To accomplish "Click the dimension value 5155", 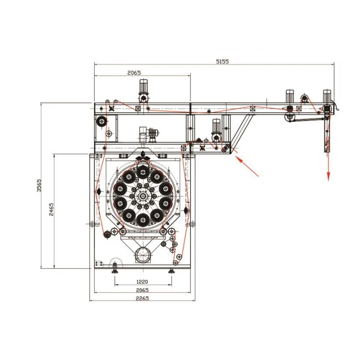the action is [222, 61].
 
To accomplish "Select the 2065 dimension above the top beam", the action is [134, 73].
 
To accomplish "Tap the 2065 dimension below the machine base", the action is [143, 290].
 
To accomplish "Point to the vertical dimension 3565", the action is [39, 185].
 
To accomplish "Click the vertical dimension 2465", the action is [51, 209].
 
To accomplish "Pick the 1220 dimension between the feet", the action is [142, 282].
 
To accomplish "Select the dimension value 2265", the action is [143, 299].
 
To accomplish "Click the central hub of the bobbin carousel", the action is [143, 196].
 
